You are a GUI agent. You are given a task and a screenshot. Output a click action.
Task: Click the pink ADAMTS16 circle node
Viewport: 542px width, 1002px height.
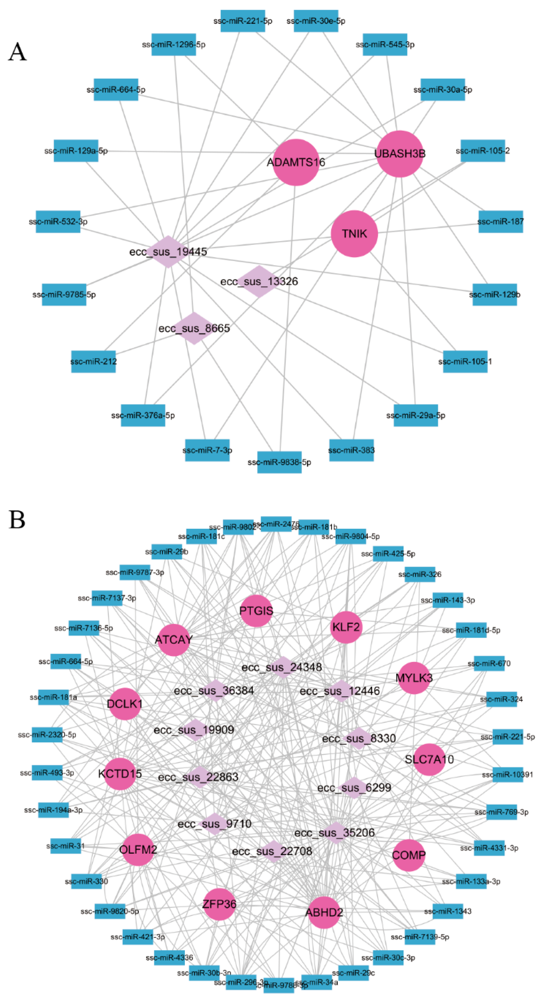click(x=296, y=162)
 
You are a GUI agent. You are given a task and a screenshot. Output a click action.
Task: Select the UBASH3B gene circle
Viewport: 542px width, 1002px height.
click(x=400, y=154)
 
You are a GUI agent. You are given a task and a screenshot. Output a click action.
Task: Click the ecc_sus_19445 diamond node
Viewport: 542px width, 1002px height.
click(x=168, y=252)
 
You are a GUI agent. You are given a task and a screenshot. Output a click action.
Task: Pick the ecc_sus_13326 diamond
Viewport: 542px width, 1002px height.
click(x=259, y=281)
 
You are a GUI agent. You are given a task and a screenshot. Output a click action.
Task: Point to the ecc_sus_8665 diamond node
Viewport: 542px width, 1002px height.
click(x=194, y=328)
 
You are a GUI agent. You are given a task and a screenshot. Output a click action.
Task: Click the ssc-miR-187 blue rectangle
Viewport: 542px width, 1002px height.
click(x=500, y=222)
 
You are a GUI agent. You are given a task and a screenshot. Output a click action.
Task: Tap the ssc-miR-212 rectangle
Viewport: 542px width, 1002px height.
click(x=93, y=361)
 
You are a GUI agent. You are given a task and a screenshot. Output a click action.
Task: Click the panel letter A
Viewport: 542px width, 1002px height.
click(x=17, y=52)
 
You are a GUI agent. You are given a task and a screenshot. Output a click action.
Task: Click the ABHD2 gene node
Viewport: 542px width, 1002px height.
click(x=324, y=912)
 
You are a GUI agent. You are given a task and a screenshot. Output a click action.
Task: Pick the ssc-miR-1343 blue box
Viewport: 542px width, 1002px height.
click(x=448, y=911)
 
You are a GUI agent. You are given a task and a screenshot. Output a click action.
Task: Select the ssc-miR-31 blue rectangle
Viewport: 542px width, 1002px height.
click(x=66, y=846)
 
